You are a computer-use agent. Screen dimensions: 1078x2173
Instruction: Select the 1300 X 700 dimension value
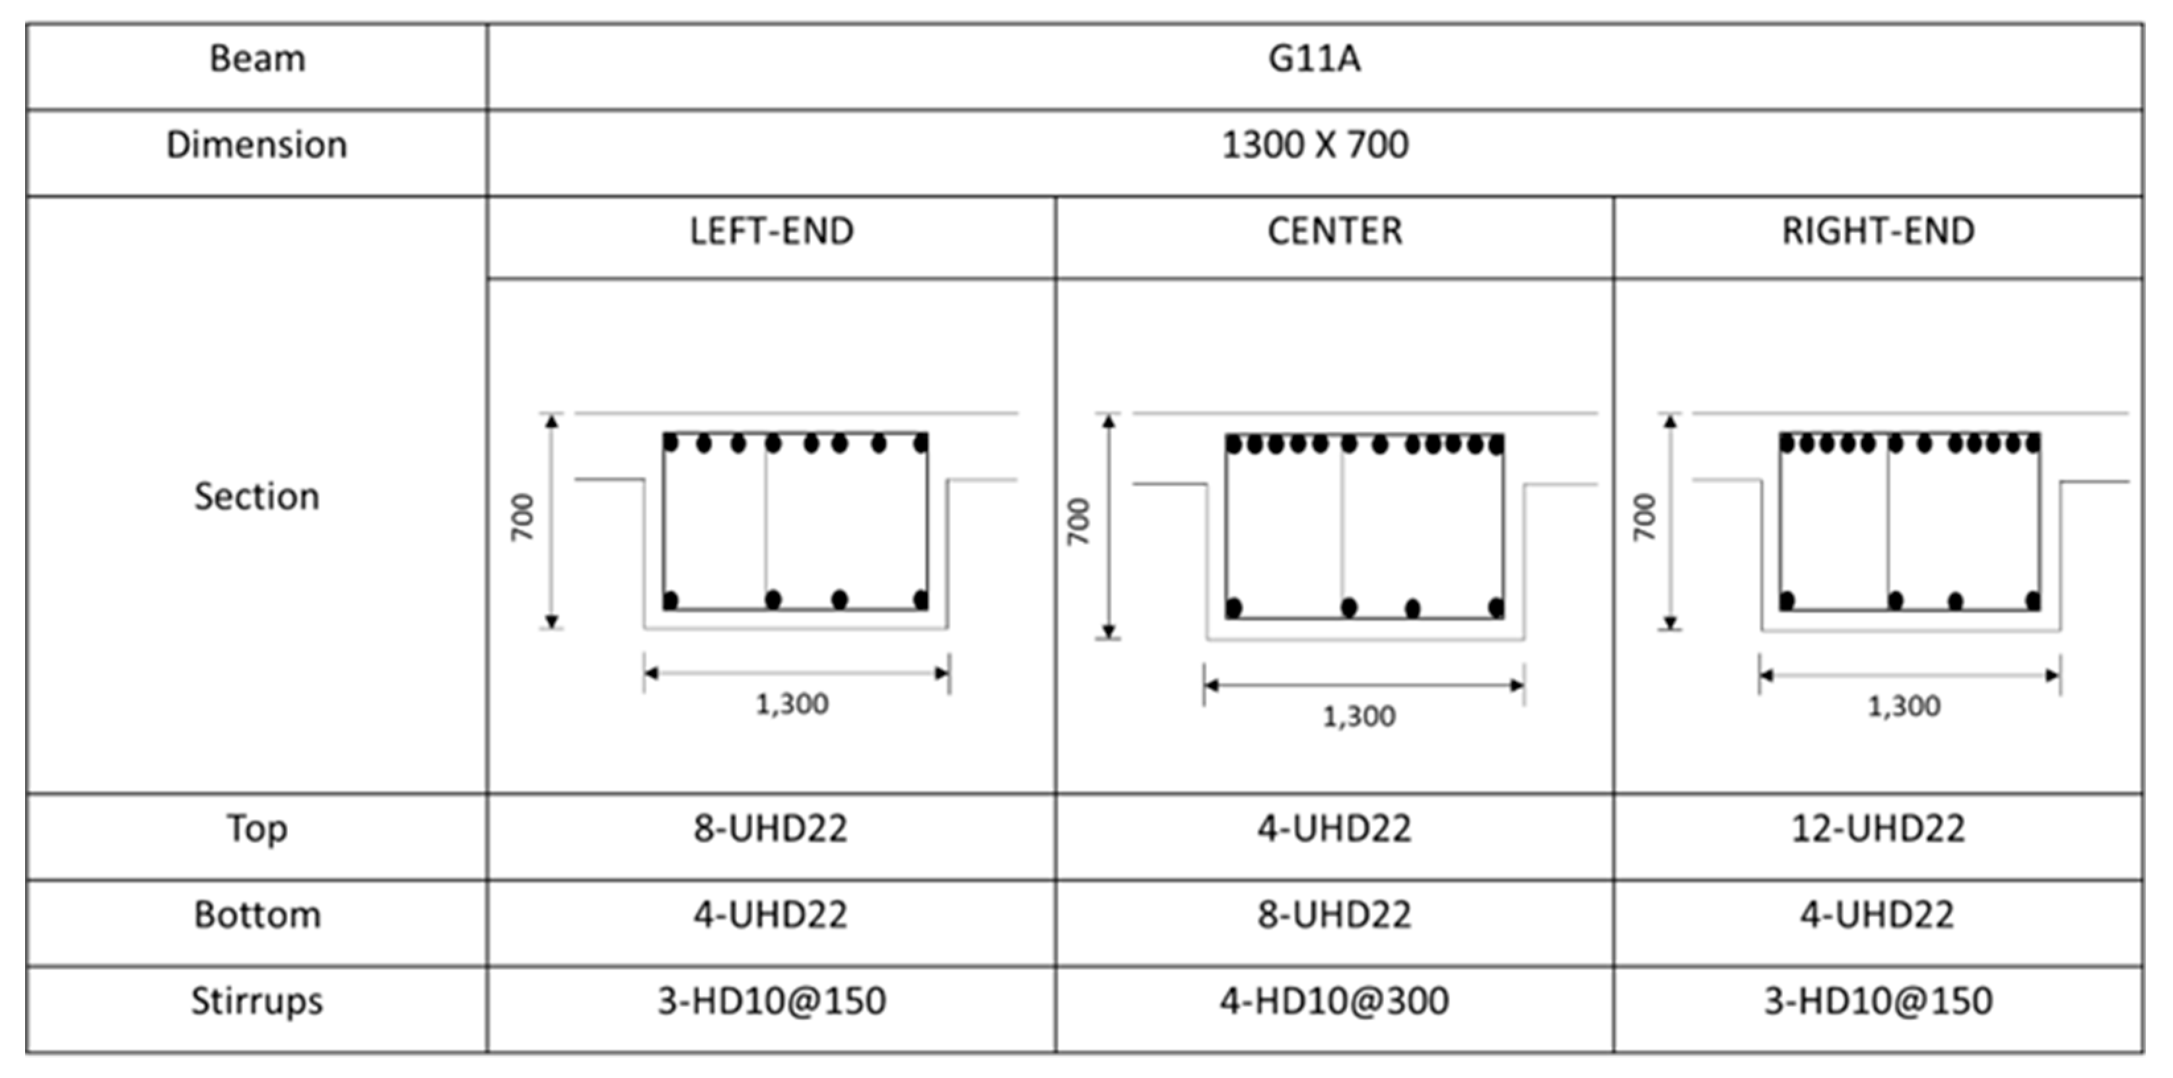(1314, 145)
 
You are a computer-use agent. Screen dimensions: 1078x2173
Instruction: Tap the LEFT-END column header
(771, 232)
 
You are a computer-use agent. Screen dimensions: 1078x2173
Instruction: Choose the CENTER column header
(1334, 232)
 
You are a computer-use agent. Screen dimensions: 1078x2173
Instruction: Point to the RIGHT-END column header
(1878, 232)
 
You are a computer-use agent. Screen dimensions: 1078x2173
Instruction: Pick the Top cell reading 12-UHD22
(1878, 828)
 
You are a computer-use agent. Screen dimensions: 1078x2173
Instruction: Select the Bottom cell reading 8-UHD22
(1334, 914)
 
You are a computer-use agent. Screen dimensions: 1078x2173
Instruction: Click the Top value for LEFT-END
(771, 828)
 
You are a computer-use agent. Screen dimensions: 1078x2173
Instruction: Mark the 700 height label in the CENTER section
(1079, 522)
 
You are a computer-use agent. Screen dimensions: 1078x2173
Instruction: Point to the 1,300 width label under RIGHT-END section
(1904, 706)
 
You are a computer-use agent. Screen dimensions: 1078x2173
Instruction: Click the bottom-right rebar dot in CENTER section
(1496, 607)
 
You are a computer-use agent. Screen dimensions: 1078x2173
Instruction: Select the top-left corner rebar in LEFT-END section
(671, 443)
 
